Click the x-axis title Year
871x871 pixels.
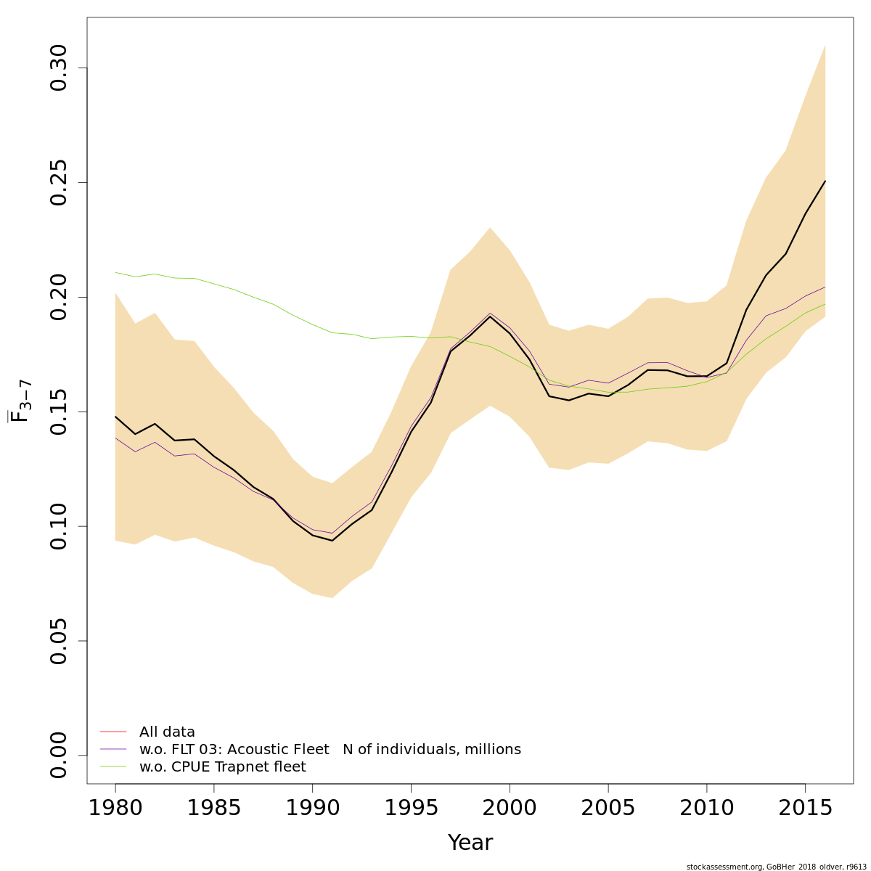point(470,843)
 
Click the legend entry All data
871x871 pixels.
point(167,732)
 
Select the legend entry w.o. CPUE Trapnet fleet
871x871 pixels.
point(222,767)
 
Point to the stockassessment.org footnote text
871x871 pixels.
point(776,867)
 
